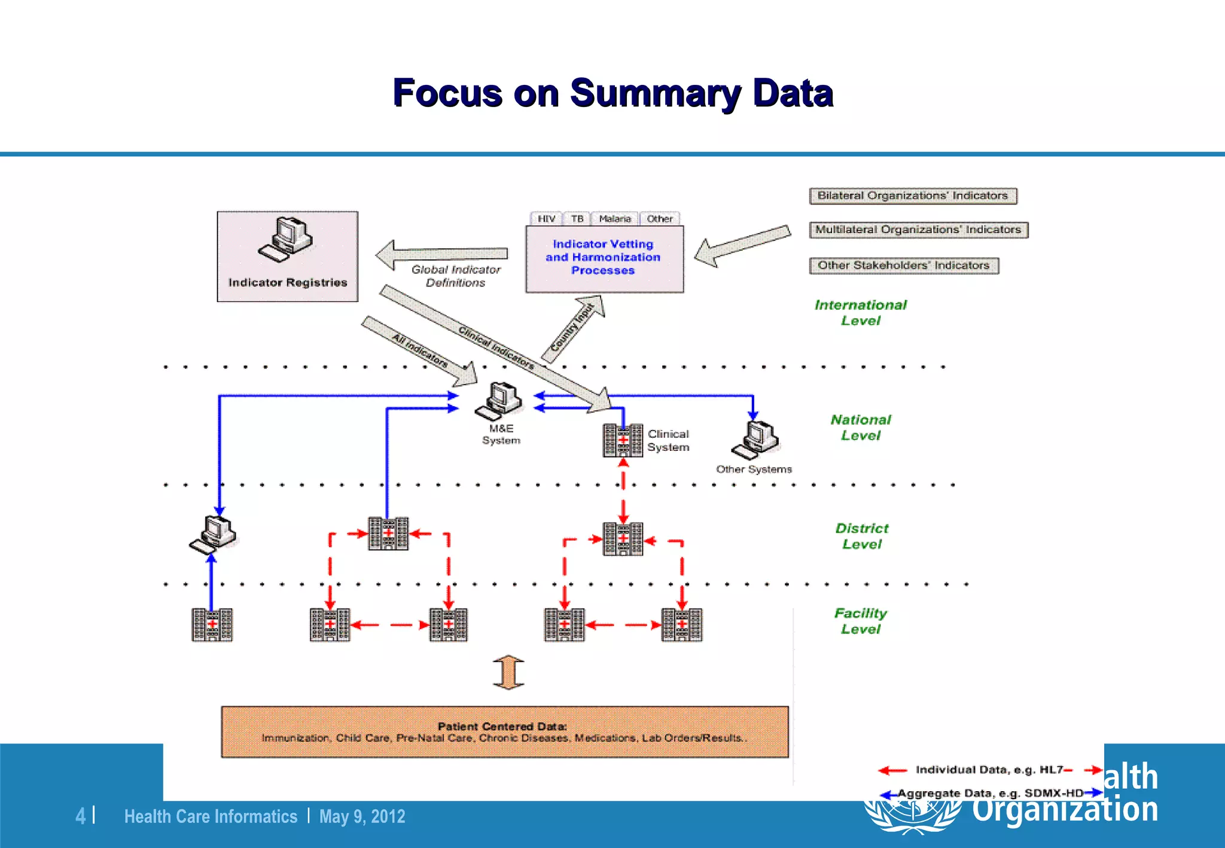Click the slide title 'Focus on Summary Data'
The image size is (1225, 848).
(x=612, y=93)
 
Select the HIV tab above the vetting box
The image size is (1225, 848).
(x=546, y=219)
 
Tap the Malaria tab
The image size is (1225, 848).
(x=615, y=219)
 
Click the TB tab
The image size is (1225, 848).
(x=577, y=219)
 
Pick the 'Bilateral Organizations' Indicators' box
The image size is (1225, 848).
(x=913, y=196)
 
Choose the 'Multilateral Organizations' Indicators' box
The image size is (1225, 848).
(x=918, y=230)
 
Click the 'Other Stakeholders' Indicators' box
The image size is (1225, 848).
(x=904, y=266)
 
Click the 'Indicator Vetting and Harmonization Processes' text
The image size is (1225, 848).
(x=603, y=257)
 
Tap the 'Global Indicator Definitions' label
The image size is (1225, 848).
(x=456, y=276)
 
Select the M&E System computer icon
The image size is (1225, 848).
(x=499, y=401)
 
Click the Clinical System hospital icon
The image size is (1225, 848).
(x=623, y=441)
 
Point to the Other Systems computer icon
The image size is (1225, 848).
(x=755, y=440)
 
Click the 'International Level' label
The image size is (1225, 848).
(x=861, y=313)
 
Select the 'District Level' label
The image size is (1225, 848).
(x=862, y=536)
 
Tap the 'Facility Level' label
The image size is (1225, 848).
(x=861, y=621)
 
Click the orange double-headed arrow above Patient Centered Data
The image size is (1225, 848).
(x=508, y=673)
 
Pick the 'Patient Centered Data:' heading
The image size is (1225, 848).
(x=502, y=726)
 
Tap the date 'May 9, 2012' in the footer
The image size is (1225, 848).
(x=362, y=816)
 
